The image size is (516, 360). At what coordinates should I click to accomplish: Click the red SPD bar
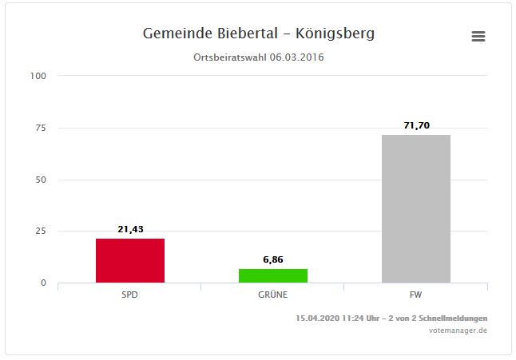pyautogui.click(x=129, y=260)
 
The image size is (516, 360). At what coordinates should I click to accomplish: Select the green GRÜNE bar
pyautogui.click(x=273, y=275)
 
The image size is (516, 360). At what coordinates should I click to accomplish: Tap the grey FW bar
pyautogui.click(x=415, y=208)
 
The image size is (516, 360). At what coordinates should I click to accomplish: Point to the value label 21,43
pyautogui.click(x=129, y=229)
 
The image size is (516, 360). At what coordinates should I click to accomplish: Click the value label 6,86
pyautogui.click(x=273, y=259)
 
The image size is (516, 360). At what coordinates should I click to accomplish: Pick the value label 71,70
pyautogui.click(x=416, y=125)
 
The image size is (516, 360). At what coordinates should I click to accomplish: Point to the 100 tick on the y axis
pyautogui.click(x=39, y=76)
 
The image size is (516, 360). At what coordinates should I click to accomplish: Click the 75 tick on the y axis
pyautogui.click(x=42, y=128)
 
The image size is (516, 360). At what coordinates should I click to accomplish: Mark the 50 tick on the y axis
pyautogui.click(x=42, y=180)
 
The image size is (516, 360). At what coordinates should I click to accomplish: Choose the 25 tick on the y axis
pyautogui.click(x=42, y=231)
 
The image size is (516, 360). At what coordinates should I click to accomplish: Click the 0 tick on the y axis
pyautogui.click(x=44, y=283)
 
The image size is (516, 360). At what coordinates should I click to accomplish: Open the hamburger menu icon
pyautogui.click(x=478, y=37)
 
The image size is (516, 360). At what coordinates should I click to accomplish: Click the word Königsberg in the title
pyautogui.click(x=335, y=34)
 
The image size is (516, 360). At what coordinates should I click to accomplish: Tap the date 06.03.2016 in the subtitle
pyautogui.click(x=297, y=57)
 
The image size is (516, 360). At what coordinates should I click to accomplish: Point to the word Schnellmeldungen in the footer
pyautogui.click(x=451, y=318)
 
